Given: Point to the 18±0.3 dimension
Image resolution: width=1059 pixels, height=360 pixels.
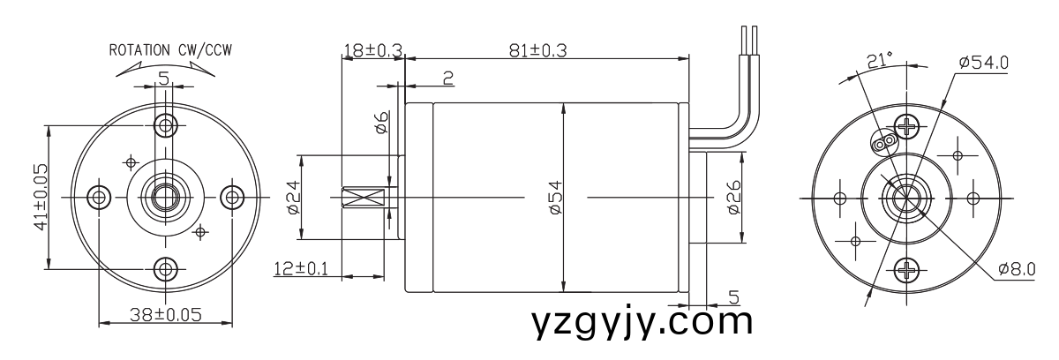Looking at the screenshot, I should (x=372, y=51).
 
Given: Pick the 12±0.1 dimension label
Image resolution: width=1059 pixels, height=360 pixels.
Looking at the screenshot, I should (x=299, y=268).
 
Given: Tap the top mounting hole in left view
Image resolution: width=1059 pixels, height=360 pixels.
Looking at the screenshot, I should (x=164, y=123).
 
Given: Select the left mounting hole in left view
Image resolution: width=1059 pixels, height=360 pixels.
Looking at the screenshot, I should (x=98, y=196).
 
